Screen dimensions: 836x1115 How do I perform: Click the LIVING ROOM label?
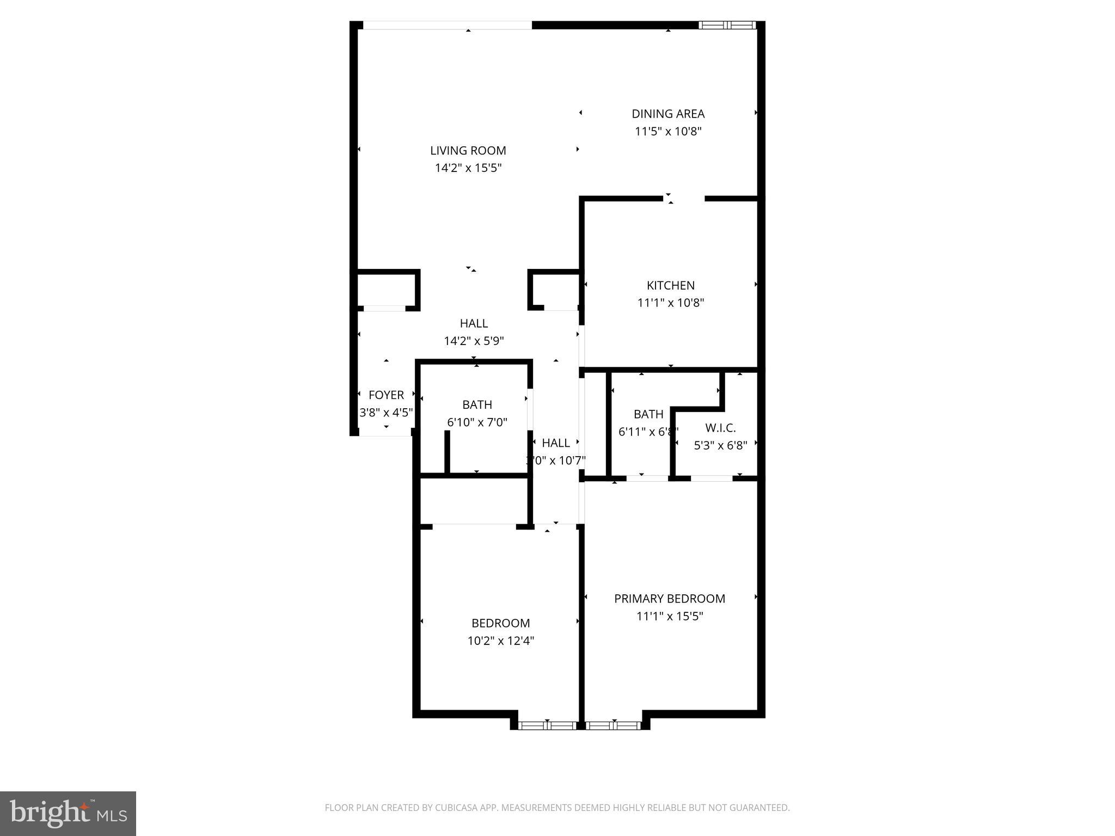[x=468, y=151]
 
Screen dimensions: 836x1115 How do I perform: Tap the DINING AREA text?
[x=668, y=114]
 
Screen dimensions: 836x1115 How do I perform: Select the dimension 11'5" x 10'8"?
[x=668, y=131]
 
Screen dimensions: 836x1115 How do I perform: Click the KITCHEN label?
[x=670, y=285]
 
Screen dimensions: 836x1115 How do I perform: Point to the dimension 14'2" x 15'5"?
[x=468, y=168]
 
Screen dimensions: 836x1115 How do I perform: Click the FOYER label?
[x=386, y=395]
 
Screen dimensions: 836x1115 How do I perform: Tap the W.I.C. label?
[x=720, y=428]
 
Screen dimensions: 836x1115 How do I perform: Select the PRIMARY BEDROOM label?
[x=670, y=599]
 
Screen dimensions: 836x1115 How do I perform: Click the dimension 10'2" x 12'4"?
[x=500, y=641]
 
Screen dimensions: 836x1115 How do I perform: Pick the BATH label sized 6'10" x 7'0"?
[x=477, y=404]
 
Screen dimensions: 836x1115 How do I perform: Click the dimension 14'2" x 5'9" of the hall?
[x=474, y=341]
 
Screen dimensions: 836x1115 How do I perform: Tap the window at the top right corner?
[x=727, y=25]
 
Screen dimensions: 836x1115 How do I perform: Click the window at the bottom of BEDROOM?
[x=547, y=725]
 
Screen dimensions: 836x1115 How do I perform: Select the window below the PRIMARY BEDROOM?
[x=614, y=725]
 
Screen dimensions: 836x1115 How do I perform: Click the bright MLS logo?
[x=68, y=813]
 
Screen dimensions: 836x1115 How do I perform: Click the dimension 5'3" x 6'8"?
[x=720, y=446]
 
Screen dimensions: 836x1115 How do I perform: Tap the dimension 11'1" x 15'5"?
[x=670, y=616]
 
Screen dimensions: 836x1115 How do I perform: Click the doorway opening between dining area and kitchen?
[x=684, y=199]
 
